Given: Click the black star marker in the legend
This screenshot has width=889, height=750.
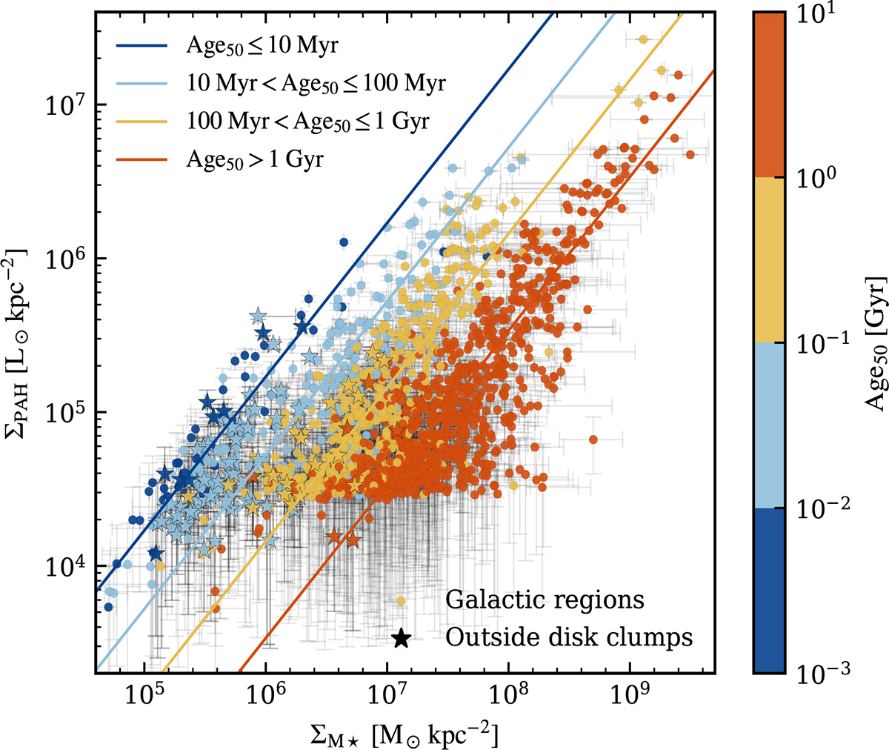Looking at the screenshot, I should [401, 638].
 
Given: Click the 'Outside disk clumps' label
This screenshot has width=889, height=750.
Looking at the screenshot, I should [569, 637].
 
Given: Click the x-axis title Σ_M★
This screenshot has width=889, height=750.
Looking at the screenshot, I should [404, 733].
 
